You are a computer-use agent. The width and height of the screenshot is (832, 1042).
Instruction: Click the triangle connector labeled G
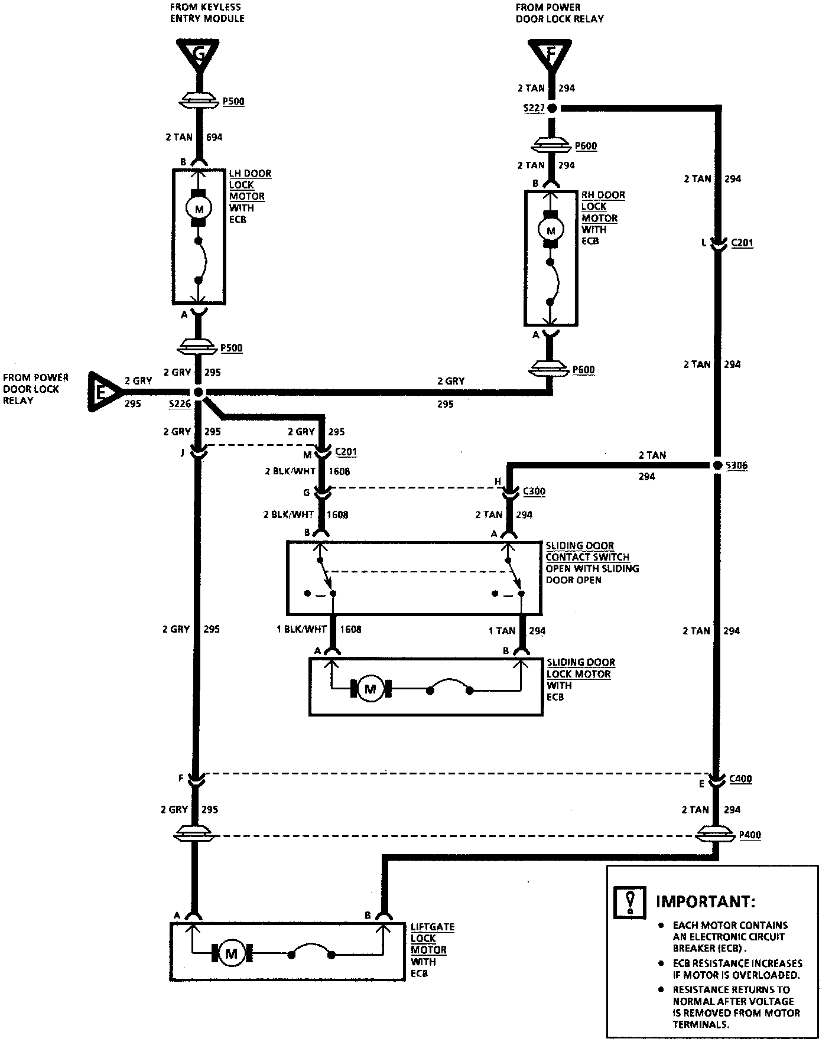tap(199, 54)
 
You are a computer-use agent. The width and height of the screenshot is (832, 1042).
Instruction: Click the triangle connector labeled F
tap(551, 54)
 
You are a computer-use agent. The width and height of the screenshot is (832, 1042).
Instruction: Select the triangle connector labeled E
tap(103, 391)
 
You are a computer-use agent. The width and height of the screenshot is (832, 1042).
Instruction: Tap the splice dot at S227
tap(552, 108)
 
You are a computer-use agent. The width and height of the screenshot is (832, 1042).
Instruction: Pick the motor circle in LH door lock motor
tap(199, 209)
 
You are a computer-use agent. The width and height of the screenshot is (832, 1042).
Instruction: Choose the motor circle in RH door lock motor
tap(551, 230)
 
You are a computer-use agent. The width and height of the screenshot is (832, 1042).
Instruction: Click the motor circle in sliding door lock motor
tap(370, 689)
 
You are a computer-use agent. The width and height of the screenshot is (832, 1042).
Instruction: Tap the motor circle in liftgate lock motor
tap(231, 954)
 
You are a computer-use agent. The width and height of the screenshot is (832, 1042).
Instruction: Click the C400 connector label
tap(740, 779)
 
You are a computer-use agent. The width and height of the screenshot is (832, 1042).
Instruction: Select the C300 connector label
tap(534, 491)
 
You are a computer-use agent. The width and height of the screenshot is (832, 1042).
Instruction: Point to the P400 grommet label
tap(750, 835)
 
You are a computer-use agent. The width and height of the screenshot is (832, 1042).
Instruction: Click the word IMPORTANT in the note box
tap(705, 902)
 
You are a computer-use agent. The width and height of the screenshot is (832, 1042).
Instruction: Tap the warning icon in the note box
tap(630, 902)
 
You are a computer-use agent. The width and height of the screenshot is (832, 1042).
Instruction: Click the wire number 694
tap(214, 138)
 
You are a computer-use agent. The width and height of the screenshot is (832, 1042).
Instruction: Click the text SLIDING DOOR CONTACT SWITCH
tap(587, 551)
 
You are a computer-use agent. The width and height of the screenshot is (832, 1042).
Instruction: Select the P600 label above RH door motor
tap(586, 146)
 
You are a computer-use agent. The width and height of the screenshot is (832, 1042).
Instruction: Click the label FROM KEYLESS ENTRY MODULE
tap(207, 12)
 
